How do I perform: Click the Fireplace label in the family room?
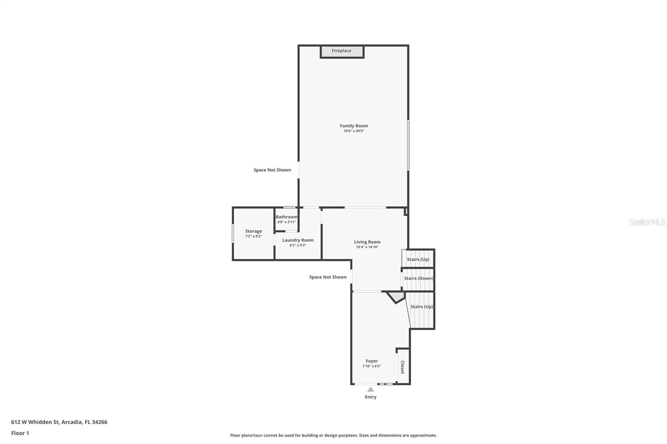click(341, 51)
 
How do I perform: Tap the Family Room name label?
click(354, 126)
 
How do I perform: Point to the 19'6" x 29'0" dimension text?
click(354, 131)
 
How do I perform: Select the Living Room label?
click(367, 242)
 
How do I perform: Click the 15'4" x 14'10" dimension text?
click(367, 247)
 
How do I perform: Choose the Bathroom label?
click(286, 217)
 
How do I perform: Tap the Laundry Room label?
click(298, 240)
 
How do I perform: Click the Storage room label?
click(253, 231)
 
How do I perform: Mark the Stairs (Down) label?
click(418, 278)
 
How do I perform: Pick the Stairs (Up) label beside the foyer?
click(421, 307)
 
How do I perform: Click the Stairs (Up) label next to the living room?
click(418, 259)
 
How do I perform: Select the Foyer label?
click(371, 361)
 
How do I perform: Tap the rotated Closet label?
click(402, 367)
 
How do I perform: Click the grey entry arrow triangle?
click(371, 389)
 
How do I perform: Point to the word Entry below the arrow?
click(371, 397)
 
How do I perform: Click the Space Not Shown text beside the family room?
click(272, 170)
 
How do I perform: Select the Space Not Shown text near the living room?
click(328, 277)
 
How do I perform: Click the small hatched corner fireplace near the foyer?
click(396, 297)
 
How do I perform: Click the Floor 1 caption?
click(20, 433)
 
